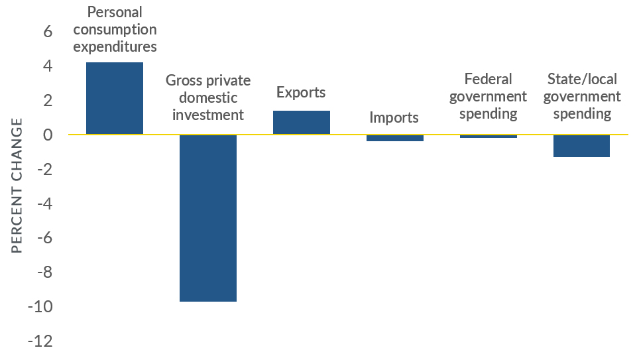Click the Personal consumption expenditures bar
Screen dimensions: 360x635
pos(115,98)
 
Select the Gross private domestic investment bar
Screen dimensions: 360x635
pos(208,217)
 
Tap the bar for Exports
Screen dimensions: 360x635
pos(302,123)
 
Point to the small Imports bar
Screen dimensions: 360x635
pos(395,138)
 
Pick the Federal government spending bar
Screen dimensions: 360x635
pos(489,136)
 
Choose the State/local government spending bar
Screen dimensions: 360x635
pos(582,146)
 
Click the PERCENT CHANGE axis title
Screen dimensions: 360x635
pos(17,186)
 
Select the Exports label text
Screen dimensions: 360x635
pos(301,92)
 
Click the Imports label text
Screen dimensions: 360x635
pos(394,118)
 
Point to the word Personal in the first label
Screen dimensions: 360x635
pos(115,12)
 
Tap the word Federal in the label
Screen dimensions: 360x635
pos(489,79)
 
